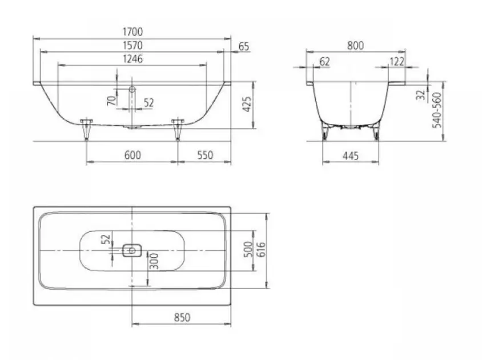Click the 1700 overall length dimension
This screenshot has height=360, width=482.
coord(132,31)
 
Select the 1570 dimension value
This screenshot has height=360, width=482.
coord(132,45)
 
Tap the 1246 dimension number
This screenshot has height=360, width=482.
coord(132,59)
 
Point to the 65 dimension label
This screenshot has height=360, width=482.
coord(244,46)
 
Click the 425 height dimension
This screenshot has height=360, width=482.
coord(247,105)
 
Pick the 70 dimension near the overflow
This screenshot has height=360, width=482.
coord(111,101)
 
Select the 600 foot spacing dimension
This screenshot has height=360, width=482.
coord(132,155)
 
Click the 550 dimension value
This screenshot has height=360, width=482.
coord(205,155)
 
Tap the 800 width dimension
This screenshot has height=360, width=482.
coord(355,46)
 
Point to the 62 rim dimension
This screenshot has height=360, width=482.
coord(324,62)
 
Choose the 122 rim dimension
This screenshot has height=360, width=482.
coord(397,62)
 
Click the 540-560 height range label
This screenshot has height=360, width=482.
coord(436,110)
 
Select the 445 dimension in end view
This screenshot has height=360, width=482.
coord(351,156)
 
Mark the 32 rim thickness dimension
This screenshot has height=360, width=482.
coord(421,95)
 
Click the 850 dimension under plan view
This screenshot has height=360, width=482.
coord(182,317)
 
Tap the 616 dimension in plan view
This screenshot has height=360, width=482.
coord(260,250)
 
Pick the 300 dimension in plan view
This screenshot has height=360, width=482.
coord(154,261)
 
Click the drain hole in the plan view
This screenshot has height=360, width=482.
coord(132,250)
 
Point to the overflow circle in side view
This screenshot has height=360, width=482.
coord(132,89)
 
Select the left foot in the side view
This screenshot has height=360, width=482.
coord(86,129)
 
